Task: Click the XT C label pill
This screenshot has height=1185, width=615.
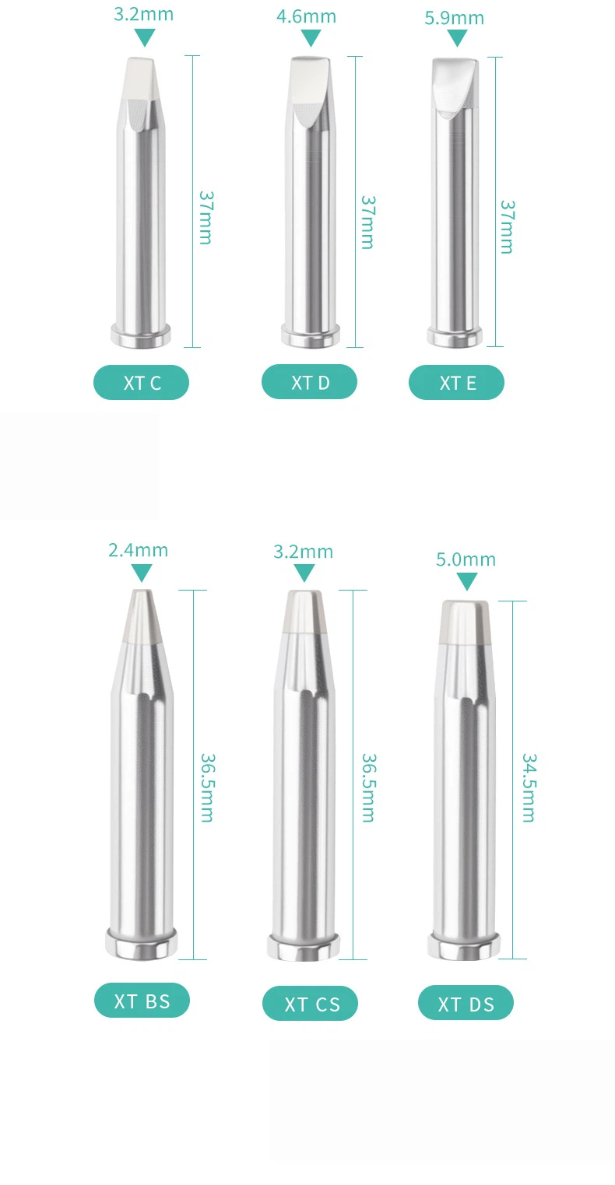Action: [142, 383]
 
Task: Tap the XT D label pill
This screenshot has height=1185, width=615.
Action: [310, 382]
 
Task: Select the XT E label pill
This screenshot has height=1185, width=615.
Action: [456, 383]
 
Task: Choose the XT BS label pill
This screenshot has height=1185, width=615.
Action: [142, 1001]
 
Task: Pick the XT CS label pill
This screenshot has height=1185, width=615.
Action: [310, 1003]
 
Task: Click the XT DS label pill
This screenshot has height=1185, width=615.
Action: [466, 1002]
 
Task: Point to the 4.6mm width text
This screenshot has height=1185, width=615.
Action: [307, 16]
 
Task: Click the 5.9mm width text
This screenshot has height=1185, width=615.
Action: [455, 18]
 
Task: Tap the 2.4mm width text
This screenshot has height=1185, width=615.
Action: [138, 550]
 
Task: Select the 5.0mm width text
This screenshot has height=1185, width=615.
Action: [466, 559]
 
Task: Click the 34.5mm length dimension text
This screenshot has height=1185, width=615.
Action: [529, 787]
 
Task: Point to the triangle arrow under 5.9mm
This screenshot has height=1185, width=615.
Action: [457, 37]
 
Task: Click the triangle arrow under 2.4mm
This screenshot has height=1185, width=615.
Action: [142, 572]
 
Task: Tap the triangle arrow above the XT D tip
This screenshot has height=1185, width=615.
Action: [311, 37]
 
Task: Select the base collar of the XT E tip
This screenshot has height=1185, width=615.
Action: [455, 337]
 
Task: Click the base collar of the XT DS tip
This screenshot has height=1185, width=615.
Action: [464, 945]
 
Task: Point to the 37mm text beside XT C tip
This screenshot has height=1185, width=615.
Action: [206, 217]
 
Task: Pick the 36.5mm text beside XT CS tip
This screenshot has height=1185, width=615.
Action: [368, 787]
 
